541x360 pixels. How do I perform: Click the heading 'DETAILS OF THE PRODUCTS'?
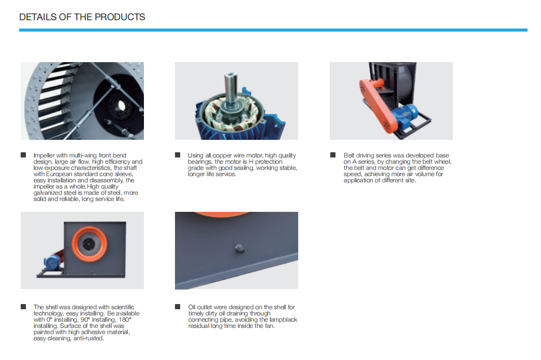coord(82,17)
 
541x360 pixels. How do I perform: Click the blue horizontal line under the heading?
coord(273,30)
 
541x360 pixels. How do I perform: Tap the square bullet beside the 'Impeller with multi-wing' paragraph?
coord(23,155)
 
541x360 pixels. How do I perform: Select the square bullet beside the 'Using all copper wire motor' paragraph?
coord(178,155)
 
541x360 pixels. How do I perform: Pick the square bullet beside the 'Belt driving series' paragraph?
coord(333,155)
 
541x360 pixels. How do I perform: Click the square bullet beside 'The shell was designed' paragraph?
coord(23,307)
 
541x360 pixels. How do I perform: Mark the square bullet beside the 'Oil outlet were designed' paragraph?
coord(178,307)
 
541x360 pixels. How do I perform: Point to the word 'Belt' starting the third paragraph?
coord(349,156)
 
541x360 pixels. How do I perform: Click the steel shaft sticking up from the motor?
coord(230,88)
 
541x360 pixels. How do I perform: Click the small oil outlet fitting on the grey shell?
coord(239,249)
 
